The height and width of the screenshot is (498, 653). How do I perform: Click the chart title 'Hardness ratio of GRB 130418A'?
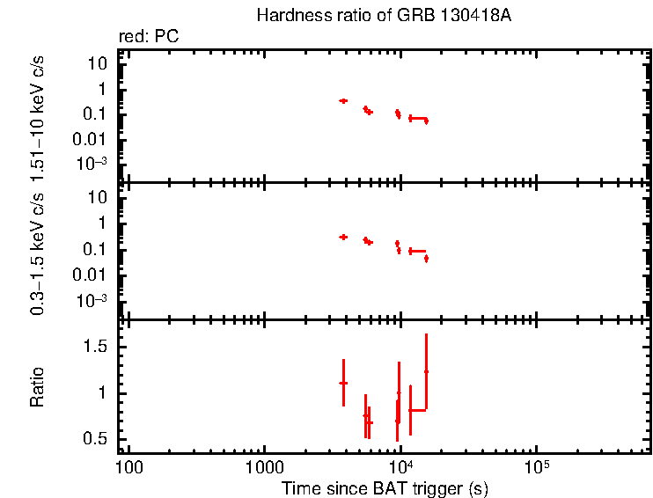pyautogui.click(x=383, y=16)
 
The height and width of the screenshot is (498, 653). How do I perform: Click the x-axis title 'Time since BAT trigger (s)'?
pyautogui.click(x=385, y=487)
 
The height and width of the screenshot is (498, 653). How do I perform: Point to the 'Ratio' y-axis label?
pyautogui.click(x=37, y=387)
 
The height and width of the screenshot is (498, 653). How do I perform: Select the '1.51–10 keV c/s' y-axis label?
pyautogui.click(x=37, y=117)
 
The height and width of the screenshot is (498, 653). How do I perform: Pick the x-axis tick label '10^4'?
pyautogui.click(x=400, y=465)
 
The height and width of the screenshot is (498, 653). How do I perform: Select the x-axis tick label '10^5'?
pyautogui.click(x=535, y=465)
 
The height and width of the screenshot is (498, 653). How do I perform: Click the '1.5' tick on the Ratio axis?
pyautogui.click(x=97, y=348)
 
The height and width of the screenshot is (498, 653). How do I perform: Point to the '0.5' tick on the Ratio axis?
pyautogui.click(x=97, y=439)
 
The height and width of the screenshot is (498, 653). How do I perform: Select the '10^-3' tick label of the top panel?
pyautogui.click(x=92, y=164)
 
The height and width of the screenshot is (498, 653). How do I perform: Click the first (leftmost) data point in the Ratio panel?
pyautogui.click(x=343, y=383)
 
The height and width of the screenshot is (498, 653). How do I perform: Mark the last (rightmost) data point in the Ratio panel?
pyautogui.click(x=426, y=371)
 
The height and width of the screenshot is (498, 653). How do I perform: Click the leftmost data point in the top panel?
pyautogui.click(x=343, y=101)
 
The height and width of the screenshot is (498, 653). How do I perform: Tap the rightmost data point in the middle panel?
pyautogui.click(x=426, y=259)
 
